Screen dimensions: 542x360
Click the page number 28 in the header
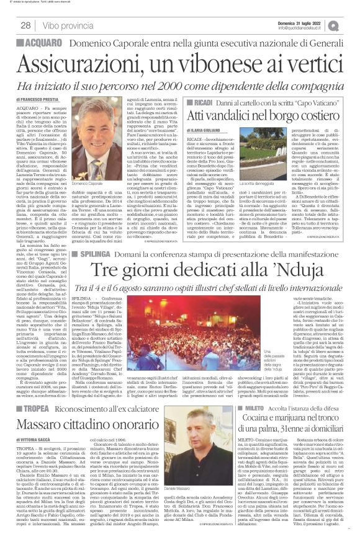pyautogui.click(x=26, y=25)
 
